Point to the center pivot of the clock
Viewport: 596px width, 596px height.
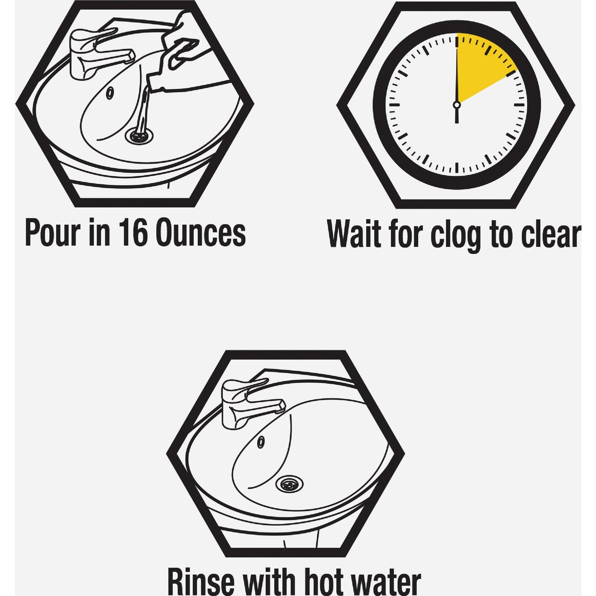(456, 105)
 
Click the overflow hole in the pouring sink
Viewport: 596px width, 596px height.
(110, 93)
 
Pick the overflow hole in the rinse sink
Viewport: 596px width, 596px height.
(261, 443)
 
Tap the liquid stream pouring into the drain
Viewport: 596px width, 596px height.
(144, 111)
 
